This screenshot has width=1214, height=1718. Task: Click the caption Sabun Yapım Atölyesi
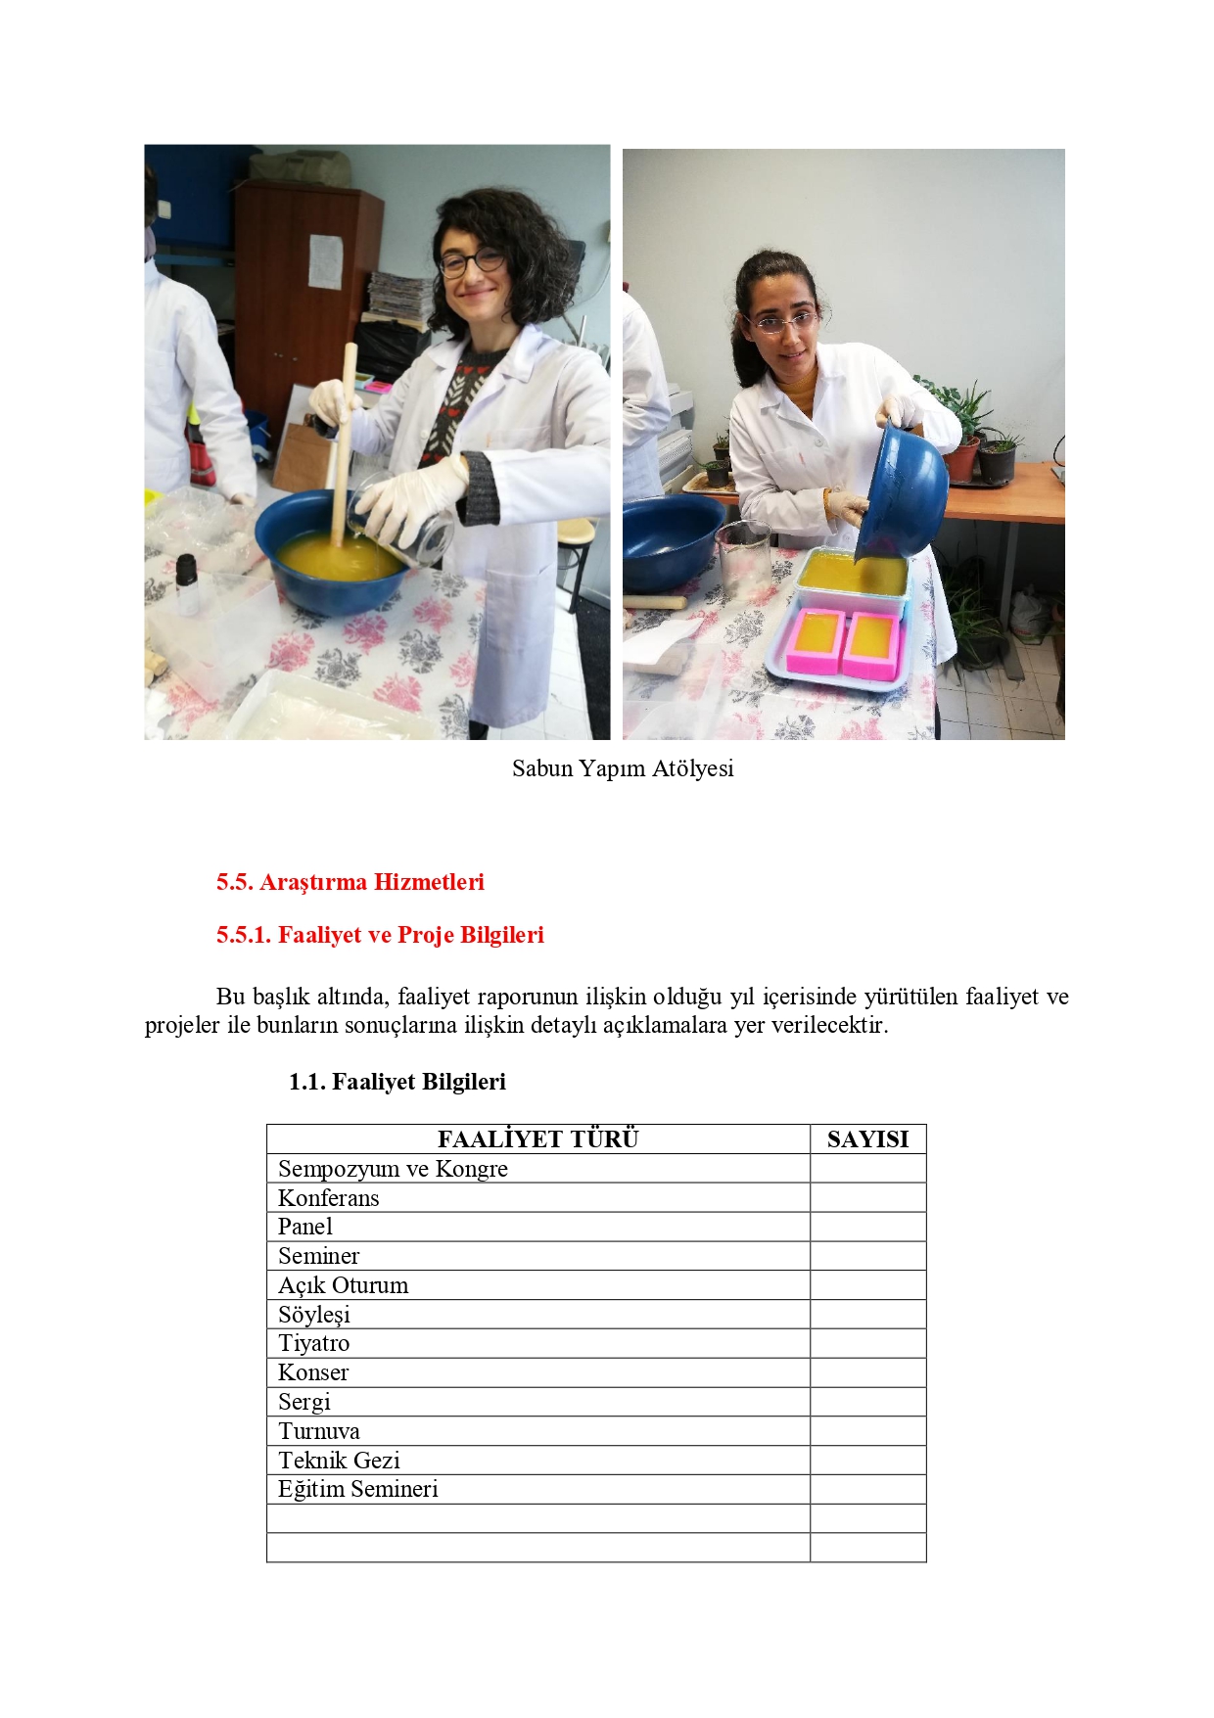click(x=623, y=768)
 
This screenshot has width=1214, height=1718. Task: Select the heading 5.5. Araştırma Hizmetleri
click(x=350, y=882)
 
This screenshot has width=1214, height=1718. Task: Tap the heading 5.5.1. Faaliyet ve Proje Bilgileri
click(x=380, y=935)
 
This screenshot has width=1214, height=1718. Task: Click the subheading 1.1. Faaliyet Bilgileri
click(x=397, y=1082)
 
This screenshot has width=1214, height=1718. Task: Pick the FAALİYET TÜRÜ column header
click(x=537, y=1139)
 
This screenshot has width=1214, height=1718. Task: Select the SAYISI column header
click(x=867, y=1139)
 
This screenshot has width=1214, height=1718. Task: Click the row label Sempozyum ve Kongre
click(x=393, y=1169)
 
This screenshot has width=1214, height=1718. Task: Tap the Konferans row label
click(x=328, y=1198)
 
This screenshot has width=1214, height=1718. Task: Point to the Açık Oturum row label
click(x=343, y=1285)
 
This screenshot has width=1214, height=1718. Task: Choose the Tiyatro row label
click(x=313, y=1343)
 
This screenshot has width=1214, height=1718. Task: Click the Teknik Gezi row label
click(x=339, y=1461)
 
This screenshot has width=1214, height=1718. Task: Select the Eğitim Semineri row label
click(x=357, y=1489)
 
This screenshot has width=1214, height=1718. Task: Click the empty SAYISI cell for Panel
click(x=867, y=1227)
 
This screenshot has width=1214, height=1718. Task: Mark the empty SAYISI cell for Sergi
click(x=867, y=1402)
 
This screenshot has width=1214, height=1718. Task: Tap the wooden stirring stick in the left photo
click(x=344, y=441)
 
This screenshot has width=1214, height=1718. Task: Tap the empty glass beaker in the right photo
click(x=744, y=558)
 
